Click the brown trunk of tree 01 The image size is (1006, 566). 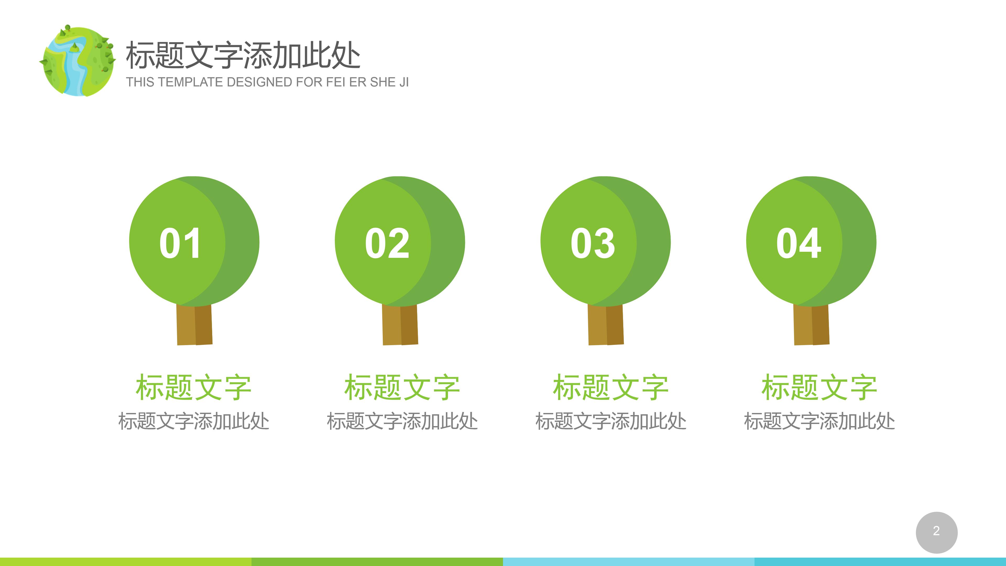(x=194, y=325)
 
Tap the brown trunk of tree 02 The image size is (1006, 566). (x=400, y=325)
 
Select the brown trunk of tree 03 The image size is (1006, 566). (x=606, y=325)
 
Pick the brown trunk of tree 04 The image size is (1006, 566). (x=812, y=325)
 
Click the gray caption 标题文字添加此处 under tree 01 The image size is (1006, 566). (x=194, y=421)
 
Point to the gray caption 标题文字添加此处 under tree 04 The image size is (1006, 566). (x=819, y=421)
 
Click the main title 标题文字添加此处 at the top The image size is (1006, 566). (x=243, y=56)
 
